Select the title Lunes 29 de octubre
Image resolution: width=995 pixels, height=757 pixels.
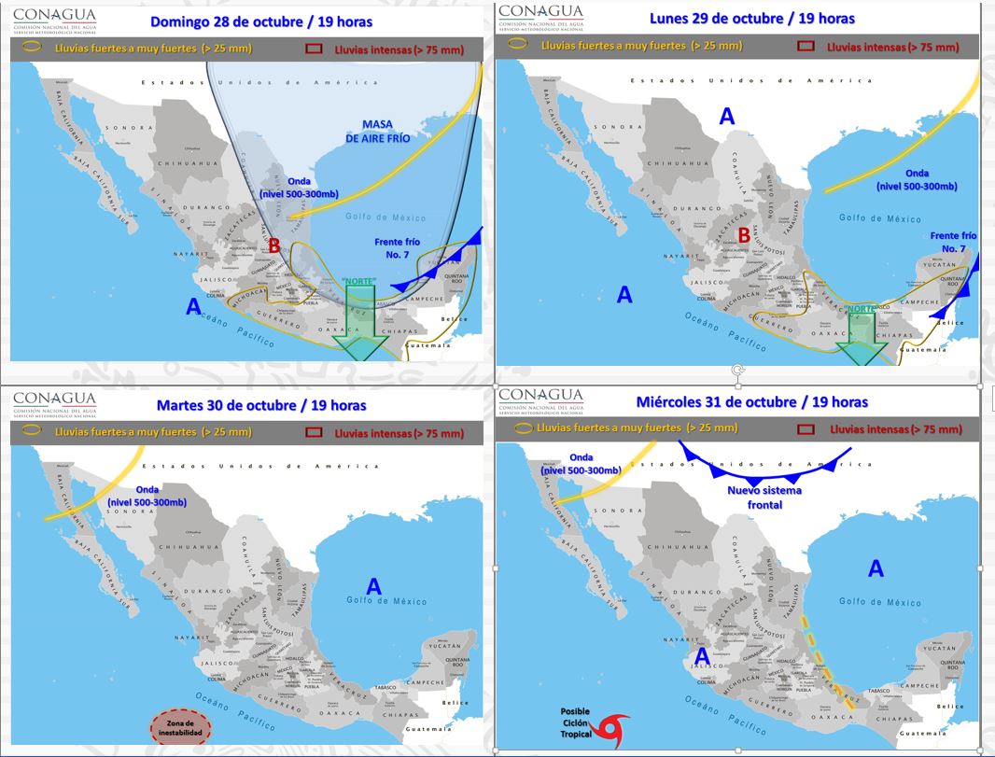(752, 18)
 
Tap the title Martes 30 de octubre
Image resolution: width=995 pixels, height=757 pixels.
(261, 405)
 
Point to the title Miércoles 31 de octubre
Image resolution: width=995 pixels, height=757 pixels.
(752, 402)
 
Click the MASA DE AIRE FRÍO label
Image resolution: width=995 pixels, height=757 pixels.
(377, 131)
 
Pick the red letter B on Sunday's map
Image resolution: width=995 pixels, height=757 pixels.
(275, 246)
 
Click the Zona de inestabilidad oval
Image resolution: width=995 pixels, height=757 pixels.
(181, 727)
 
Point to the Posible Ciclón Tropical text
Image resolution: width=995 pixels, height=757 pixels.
(575, 724)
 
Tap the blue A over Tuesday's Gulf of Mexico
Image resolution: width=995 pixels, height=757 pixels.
(373, 586)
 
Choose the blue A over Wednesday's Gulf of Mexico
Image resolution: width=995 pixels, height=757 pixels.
(876, 568)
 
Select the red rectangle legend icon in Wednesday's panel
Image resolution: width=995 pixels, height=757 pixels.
(807, 429)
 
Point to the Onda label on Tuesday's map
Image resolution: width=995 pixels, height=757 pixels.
(147, 496)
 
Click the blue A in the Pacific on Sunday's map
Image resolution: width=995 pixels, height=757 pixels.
(193, 306)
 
